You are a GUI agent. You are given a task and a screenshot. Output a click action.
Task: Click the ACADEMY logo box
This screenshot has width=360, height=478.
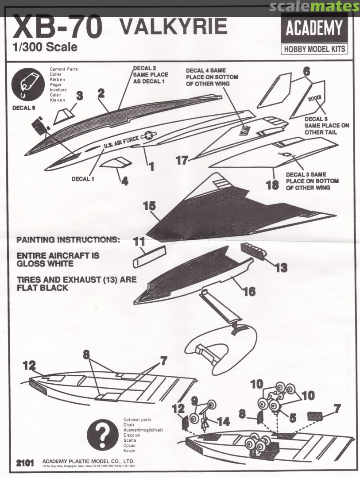(314, 28)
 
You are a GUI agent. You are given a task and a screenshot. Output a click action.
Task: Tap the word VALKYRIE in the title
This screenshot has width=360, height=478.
(174, 27)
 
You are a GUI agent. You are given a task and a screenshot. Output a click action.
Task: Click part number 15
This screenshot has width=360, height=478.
(150, 206)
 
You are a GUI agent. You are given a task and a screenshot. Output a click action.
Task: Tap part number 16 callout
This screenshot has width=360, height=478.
(249, 291)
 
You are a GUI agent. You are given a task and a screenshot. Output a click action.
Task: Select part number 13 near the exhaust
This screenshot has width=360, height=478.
(281, 267)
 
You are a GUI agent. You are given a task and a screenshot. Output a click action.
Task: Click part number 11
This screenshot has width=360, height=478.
(139, 242)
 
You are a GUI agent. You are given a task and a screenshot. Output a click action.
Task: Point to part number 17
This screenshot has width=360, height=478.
(182, 160)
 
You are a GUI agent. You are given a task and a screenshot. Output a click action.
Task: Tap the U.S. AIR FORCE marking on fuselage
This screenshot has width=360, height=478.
(121, 143)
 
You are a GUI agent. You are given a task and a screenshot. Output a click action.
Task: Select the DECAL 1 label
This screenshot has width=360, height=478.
(84, 179)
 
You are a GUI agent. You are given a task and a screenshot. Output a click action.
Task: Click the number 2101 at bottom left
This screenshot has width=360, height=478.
(25, 463)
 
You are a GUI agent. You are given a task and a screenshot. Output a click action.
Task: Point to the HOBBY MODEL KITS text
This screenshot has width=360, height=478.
(314, 49)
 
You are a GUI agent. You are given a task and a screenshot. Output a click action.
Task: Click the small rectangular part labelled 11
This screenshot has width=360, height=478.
(149, 256)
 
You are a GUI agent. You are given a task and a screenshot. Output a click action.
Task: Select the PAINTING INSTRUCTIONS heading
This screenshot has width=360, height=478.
(68, 240)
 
